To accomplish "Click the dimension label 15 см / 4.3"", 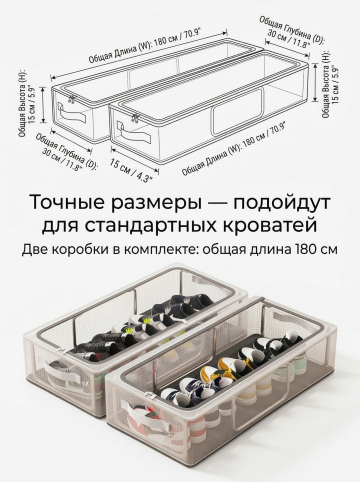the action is point(132,169).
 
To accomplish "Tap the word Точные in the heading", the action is point(67,202).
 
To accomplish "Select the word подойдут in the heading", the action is point(281,203).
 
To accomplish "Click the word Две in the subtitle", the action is point(34,250).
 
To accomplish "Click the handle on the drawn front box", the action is point(134,132).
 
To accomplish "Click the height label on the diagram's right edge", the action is point(330,84).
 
